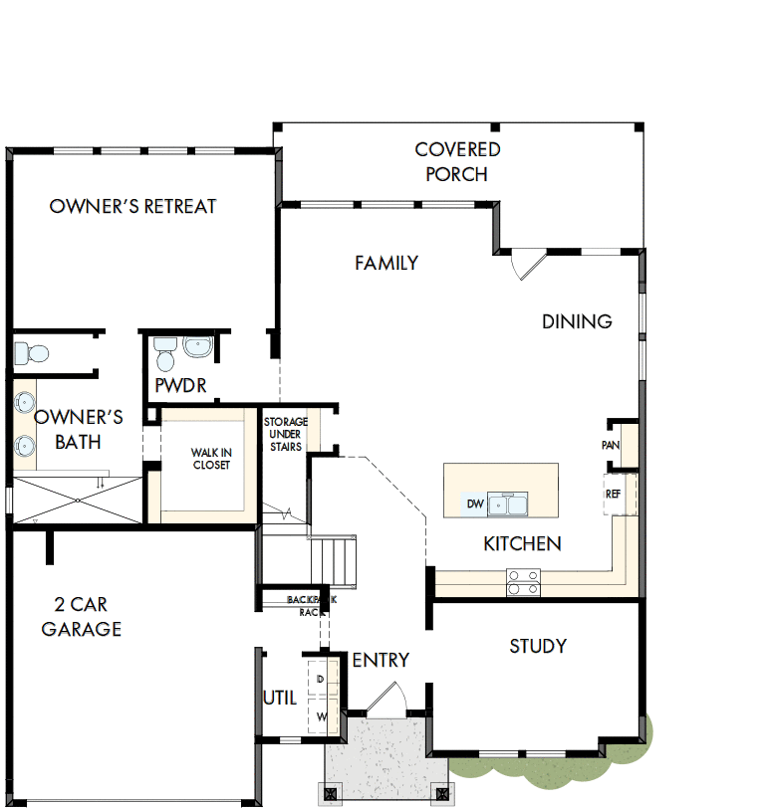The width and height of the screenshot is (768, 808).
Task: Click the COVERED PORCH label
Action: tap(457, 162)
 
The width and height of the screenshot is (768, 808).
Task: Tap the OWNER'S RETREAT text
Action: tap(132, 207)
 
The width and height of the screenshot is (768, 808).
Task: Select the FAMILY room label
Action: tap(386, 264)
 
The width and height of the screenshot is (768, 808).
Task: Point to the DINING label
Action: tap(577, 321)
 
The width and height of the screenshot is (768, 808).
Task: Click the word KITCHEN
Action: tap(522, 544)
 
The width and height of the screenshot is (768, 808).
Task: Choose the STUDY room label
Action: tap(538, 647)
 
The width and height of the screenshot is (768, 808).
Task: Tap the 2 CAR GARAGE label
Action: tap(82, 617)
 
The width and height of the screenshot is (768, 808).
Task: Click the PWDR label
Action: tap(180, 386)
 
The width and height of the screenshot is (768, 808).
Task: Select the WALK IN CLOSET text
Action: tap(211, 459)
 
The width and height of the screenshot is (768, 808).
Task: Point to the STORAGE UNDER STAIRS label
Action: tap(285, 434)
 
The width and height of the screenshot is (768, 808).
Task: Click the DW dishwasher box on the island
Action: tap(475, 505)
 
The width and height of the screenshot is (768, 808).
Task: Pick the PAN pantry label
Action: tap(611, 445)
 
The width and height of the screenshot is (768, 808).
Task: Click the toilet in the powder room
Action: tap(165, 351)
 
